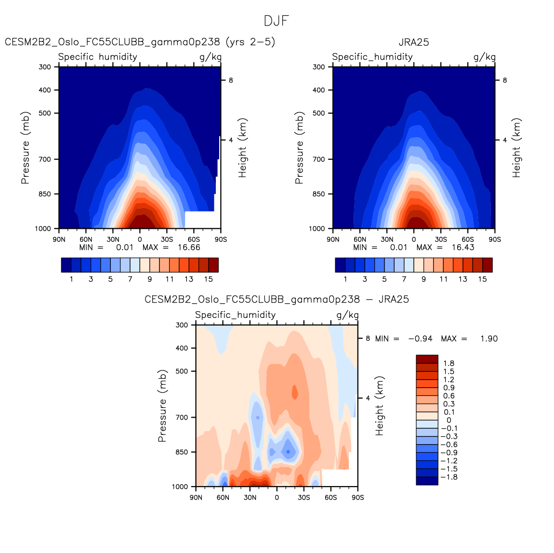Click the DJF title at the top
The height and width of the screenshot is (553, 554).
pyautogui.click(x=277, y=21)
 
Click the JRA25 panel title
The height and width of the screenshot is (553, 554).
pyautogui.click(x=414, y=42)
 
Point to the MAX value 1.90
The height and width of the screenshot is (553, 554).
pyautogui.click(x=489, y=339)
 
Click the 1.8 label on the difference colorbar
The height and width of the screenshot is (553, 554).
pyautogui.click(x=449, y=363)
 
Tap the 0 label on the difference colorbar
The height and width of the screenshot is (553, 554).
pyautogui.click(x=449, y=420)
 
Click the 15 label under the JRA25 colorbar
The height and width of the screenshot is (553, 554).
pyautogui.click(x=482, y=279)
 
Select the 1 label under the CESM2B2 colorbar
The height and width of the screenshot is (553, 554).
pyautogui.click(x=71, y=279)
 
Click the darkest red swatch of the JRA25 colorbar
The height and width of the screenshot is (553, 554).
pyautogui.click(x=487, y=265)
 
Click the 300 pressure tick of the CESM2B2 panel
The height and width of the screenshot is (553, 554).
pyautogui.click(x=45, y=67)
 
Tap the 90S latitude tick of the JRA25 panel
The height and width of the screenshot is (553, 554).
pyautogui.click(x=495, y=239)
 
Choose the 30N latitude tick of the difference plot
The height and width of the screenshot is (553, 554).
pyautogui.click(x=250, y=498)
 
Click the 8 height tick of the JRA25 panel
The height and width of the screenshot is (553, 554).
pyautogui.click(x=504, y=80)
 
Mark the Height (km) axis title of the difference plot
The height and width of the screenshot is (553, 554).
pyautogui.click(x=380, y=406)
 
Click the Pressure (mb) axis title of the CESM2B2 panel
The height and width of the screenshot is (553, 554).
pyautogui.click(x=26, y=147)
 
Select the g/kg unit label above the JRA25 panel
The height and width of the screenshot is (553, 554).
pyautogui.click(x=484, y=57)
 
